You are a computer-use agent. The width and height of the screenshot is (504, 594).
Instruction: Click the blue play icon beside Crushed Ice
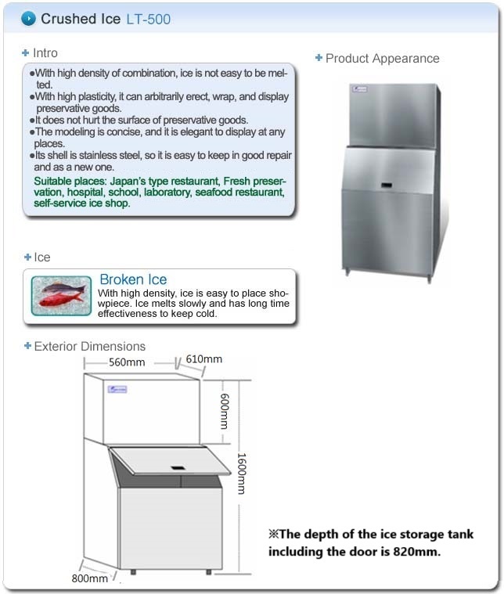[x=28, y=18]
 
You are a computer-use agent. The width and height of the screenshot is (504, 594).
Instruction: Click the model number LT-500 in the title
[x=148, y=19]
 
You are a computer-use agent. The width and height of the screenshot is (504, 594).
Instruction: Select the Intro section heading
[x=45, y=53]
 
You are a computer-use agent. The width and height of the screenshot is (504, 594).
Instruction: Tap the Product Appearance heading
[x=382, y=58]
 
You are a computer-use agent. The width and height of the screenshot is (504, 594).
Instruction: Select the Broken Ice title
[x=133, y=279]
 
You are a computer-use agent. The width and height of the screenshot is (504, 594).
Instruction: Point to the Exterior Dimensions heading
[x=89, y=346]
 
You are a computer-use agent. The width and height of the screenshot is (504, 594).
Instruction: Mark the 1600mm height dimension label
[x=241, y=474]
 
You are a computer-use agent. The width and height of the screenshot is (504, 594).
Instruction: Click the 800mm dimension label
[x=89, y=578]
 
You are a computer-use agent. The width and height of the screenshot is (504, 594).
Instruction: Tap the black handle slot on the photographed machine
[x=387, y=185]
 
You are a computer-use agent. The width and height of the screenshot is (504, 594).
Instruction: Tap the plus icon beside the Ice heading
[x=27, y=257]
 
